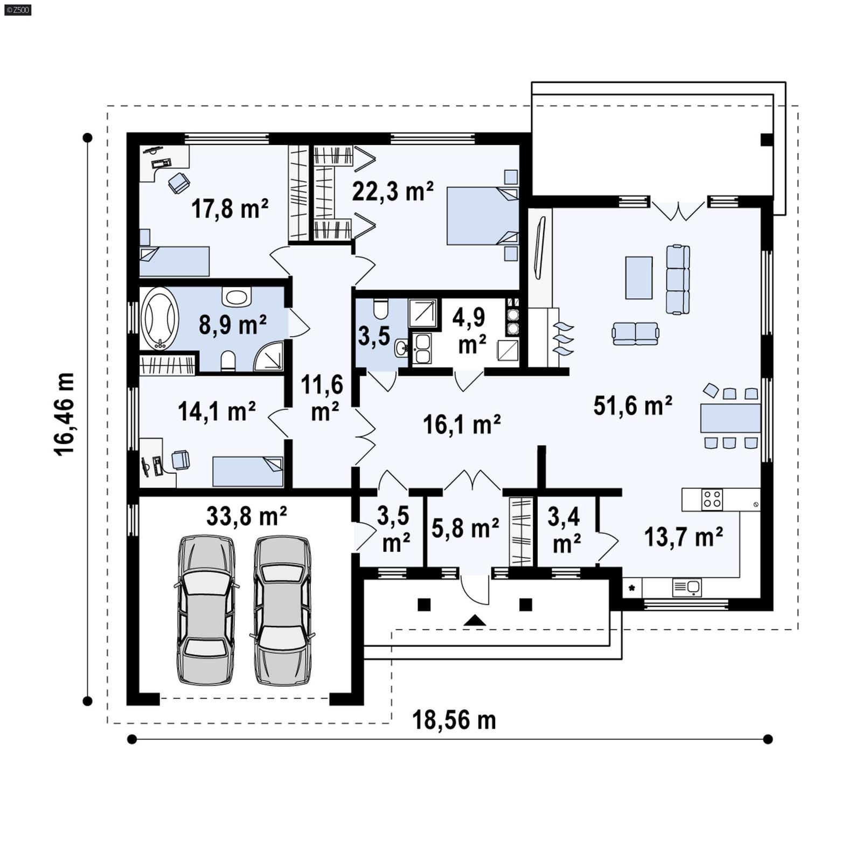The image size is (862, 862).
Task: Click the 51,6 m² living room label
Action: pos(632,406)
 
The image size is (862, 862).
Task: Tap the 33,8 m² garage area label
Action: pos(246,516)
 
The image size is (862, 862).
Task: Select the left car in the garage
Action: pos(206,610)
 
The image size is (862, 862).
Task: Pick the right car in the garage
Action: pos(282,610)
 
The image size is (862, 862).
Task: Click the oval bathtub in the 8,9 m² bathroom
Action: pos(159,319)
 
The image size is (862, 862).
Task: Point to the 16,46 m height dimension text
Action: pos(64,414)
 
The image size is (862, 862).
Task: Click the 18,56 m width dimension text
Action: pos(454,720)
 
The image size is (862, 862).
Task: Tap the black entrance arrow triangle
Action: pos(475,621)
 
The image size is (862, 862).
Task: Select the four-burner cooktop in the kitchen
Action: pos(712,499)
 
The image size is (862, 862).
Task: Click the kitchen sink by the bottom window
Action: pos(687,587)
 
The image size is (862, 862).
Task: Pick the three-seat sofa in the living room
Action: pos(678,279)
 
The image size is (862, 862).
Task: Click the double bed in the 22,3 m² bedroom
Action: pos(482,216)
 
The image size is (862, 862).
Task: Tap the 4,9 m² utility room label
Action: pos(470,331)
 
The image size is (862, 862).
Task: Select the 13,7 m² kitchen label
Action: pos(683,537)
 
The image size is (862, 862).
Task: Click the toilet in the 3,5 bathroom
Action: pos(380,309)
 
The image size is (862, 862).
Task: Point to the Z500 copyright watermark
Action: pos(17,10)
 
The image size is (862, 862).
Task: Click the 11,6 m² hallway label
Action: pos(322,398)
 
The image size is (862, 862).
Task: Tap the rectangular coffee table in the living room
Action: pos(638,277)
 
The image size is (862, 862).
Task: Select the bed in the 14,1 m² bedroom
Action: pos(247,471)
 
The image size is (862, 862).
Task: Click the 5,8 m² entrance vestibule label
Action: pos(465,528)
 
